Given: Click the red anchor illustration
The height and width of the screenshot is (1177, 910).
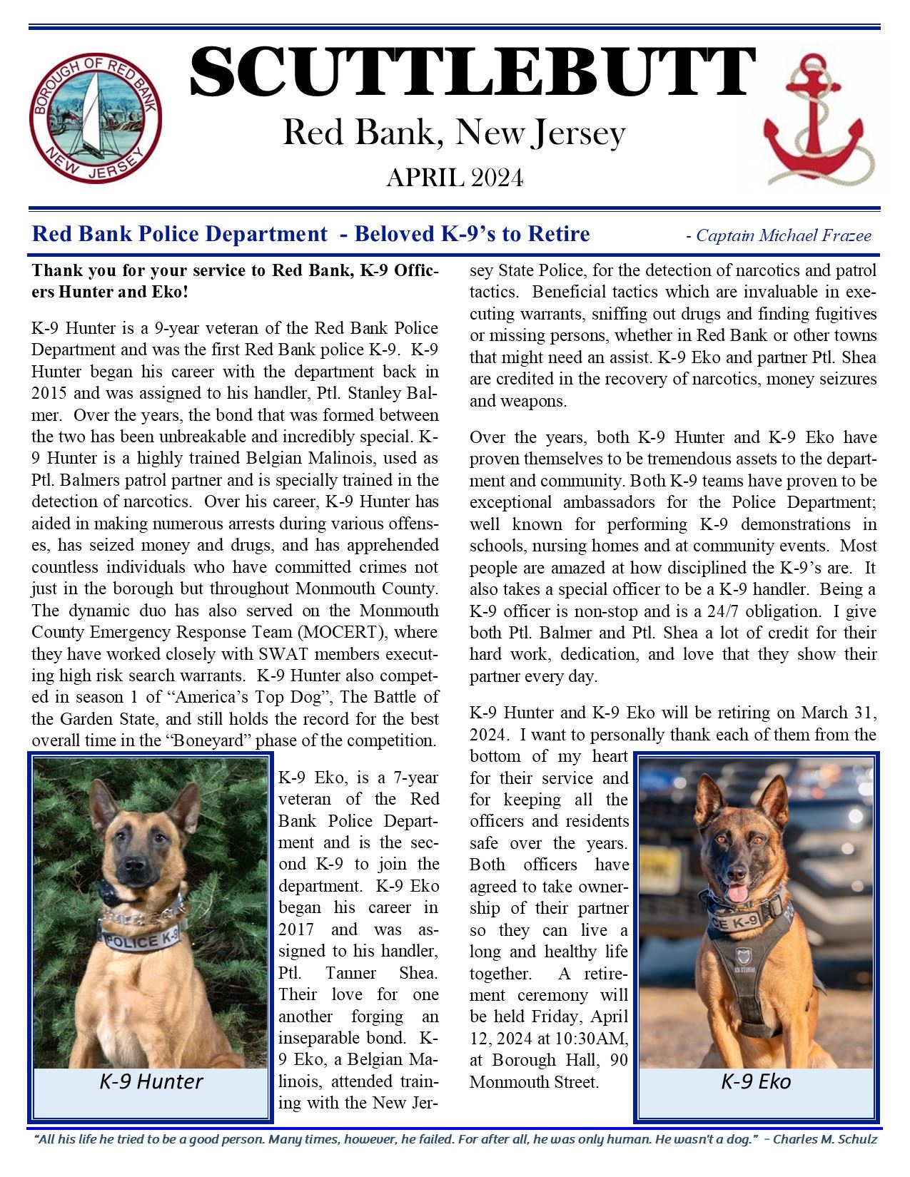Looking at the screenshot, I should tap(814, 118).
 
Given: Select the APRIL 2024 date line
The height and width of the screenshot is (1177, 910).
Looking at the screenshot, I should tap(455, 178).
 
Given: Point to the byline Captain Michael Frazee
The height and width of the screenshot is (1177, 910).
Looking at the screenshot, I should tap(783, 235).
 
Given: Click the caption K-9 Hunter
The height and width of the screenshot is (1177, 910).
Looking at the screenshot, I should tap(151, 1082).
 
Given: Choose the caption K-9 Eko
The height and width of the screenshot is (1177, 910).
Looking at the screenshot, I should tap(755, 1082).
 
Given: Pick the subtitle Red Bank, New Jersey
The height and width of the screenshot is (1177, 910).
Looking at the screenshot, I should tap(454, 133).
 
